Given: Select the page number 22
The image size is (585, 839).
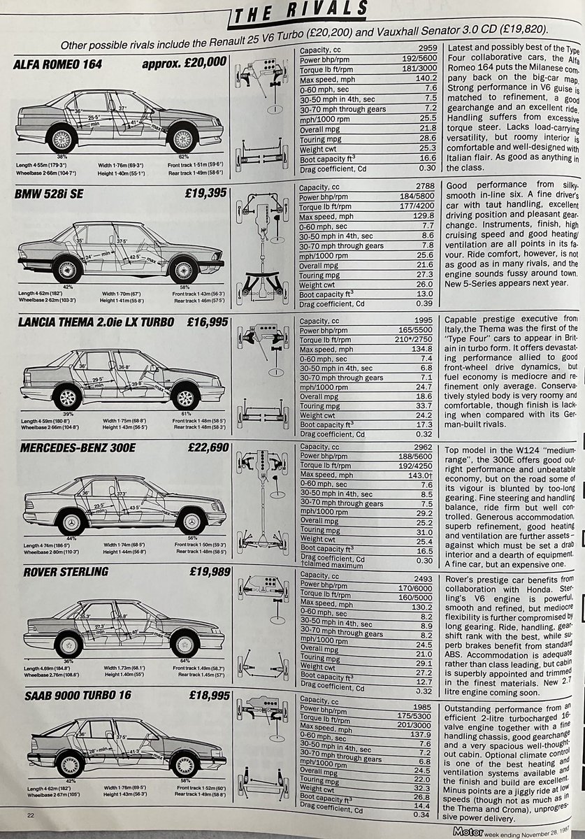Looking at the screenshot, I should click(x=30, y=815).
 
